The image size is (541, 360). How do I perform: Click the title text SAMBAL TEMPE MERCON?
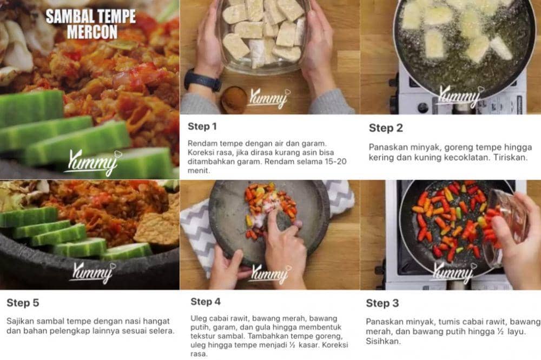click(91, 24)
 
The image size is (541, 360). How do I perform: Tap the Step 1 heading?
click(202, 126)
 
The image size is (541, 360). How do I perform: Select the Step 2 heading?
click(386, 128)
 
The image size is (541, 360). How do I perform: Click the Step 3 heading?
click(382, 303)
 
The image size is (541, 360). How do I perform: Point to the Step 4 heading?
click(206, 302)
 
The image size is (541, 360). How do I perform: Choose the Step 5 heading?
click(23, 303)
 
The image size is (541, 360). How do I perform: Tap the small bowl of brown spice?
click(234, 99)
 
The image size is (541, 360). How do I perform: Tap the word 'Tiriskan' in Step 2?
click(511, 158)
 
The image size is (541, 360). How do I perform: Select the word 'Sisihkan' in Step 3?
click(383, 342)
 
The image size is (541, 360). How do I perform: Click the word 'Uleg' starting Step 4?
click(199, 318)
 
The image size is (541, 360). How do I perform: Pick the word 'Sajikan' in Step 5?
click(20, 322)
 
